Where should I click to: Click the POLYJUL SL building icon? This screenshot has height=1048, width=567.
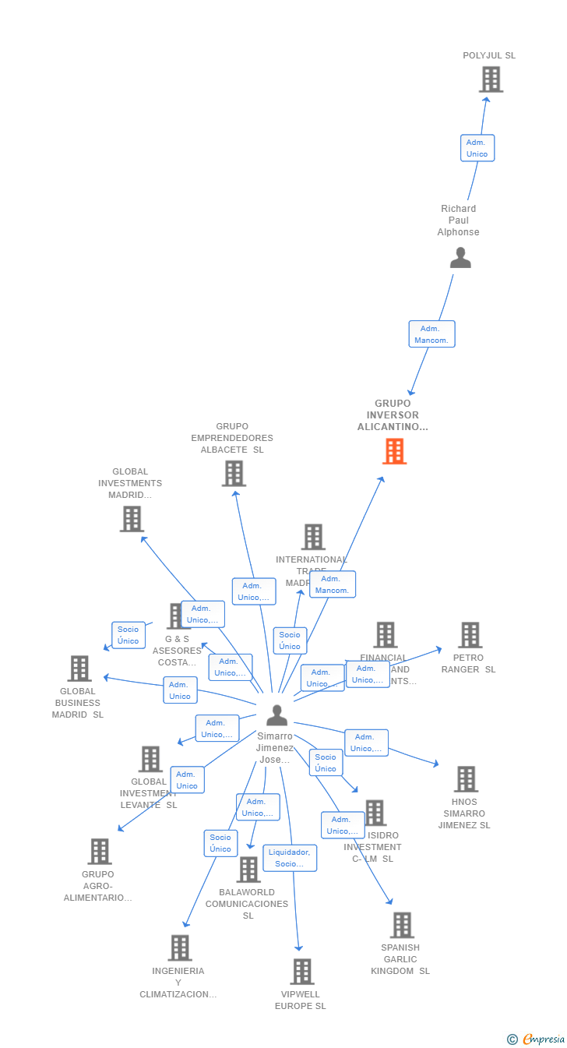pos(491,79)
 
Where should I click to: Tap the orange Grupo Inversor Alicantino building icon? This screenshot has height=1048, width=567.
pos(394,451)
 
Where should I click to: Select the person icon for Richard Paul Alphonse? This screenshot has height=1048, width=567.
pos(460,258)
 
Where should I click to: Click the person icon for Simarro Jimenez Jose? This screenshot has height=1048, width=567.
pos(276,715)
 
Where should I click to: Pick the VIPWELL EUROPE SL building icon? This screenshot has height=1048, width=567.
pos(302,972)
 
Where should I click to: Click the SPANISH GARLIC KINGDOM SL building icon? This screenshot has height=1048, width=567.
pos(402,925)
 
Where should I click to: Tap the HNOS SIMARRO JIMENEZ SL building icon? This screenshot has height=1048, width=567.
pos(466,779)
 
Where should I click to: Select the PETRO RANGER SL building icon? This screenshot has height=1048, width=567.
pos(470,635)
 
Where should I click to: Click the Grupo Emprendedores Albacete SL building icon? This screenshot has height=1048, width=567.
pos(234,473)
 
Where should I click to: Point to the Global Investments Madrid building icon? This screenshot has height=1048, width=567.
pos(132,519)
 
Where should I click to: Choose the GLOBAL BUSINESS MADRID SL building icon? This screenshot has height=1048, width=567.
pos(79,669)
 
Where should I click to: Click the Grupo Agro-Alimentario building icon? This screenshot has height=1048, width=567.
pos(100,852)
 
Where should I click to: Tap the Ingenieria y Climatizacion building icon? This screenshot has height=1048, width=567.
pos(180,948)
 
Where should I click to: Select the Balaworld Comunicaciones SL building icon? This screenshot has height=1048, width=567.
pos(248,870)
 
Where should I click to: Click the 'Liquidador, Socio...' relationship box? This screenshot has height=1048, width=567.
pos(290,858)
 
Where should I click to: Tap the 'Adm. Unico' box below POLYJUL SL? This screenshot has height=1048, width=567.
pos(477,148)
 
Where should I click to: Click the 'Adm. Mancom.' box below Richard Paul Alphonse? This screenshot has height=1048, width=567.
pos(431,334)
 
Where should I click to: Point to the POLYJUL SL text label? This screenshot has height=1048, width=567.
pos(489,55)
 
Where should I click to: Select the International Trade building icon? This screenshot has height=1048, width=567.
pos(313,537)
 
